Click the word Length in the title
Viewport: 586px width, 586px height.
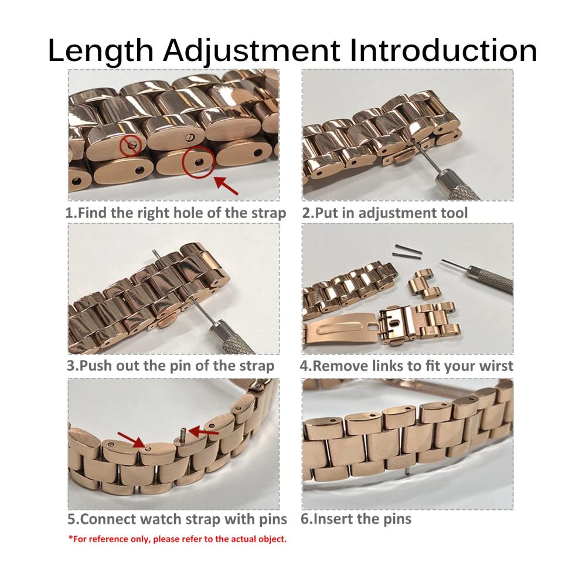tap(101, 51)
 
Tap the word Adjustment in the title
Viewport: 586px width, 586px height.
tap(251, 51)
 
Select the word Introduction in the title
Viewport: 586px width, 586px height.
tap(444, 50)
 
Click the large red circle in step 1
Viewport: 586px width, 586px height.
tap(198, 162)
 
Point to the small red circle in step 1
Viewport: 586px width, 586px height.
tap(131, 145)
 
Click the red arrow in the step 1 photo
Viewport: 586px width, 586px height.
tap(226, 185)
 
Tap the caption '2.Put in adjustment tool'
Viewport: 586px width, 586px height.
tap(385, 213)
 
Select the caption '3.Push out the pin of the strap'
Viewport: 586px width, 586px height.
tap(171, 366)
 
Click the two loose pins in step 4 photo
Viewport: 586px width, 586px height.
tap(407, 251)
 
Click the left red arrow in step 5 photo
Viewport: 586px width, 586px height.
tap(131, 439)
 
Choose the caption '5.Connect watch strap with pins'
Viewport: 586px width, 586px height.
tap(177, 519)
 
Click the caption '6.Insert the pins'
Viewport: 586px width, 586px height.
tap(356, 519)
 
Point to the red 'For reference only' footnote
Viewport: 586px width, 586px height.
tap(178, 539)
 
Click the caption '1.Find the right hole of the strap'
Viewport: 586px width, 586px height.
tap(176, 213)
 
